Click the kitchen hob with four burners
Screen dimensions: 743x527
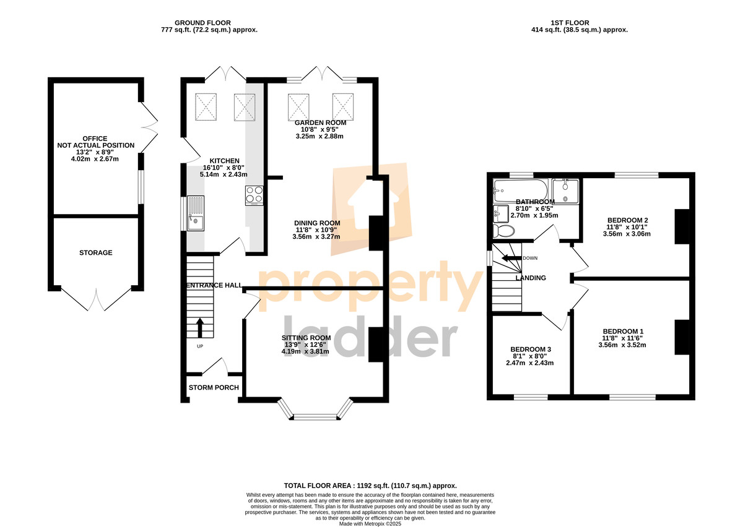point(254,195)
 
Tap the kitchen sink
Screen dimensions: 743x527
point(196,213)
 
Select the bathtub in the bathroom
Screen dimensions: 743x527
point(521,191)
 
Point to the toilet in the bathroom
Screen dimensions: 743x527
point(503,231)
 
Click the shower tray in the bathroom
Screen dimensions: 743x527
point(565,191)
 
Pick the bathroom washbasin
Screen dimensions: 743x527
point(501,214)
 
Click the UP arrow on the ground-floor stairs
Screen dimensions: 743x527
point(199,328)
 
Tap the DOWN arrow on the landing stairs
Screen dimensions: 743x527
point(511,258)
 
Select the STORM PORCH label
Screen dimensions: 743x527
point(214,387)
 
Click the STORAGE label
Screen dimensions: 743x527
point(95,252)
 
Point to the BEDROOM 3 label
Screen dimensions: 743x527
point(531,349)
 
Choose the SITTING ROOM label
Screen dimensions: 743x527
point(306,338)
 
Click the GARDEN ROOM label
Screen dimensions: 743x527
point(321,122)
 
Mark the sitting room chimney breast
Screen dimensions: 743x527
point(376,345)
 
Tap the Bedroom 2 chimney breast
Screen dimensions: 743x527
point(682,227)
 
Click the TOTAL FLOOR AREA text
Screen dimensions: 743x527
point(370,486)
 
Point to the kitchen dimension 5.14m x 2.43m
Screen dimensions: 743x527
point(224,174)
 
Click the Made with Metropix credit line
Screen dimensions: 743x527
point(370,524)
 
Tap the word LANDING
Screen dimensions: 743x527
point(531,278)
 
